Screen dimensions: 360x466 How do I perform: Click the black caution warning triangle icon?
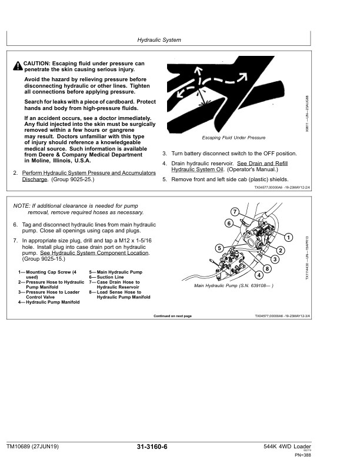pyautogui.click(x=18, y=66)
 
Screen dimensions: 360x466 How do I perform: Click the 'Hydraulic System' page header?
pyautogui.click(x=159, y=40)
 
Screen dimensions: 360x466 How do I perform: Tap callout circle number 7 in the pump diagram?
pyautogui.click(x=235, y=212)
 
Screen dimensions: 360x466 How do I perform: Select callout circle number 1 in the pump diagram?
pyautogui.click(x=288, y=237)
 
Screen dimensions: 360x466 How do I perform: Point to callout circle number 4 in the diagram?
pyautogui.click(x=259, y=275)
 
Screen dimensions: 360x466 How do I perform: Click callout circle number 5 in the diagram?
pyautogui.click(x=219, y=248)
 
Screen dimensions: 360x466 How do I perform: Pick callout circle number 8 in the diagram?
pyautogui.click(x=267, y=268)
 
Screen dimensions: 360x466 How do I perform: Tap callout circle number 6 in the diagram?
pyautogui.click(x=229, y=223)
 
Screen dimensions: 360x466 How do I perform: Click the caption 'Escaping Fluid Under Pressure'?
pyautogui.click(x=234, y=138)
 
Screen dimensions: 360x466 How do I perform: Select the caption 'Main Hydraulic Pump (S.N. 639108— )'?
pyautogui.click(x=234, y=285)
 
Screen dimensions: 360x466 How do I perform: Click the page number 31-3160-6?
pyautogui.click(x=152, y=447)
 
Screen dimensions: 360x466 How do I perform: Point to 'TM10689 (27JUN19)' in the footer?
pyautogui.click(x=32, y=447)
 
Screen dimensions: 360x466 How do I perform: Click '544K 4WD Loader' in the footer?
pyautogui.click(x=287, y=447)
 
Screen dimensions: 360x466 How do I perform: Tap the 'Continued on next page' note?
pyautogui.click(x=172, y=316)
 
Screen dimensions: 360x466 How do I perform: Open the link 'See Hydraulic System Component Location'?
pyautogui.click(x=94, y=253)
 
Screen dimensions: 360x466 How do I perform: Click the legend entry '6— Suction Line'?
pyautogui.click(x=106, y=277)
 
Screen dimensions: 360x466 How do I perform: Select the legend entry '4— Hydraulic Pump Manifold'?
pyautogui.click(x=49, y=302)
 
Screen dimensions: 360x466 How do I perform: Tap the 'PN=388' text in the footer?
pyautogui.click(x=303, y=455)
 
